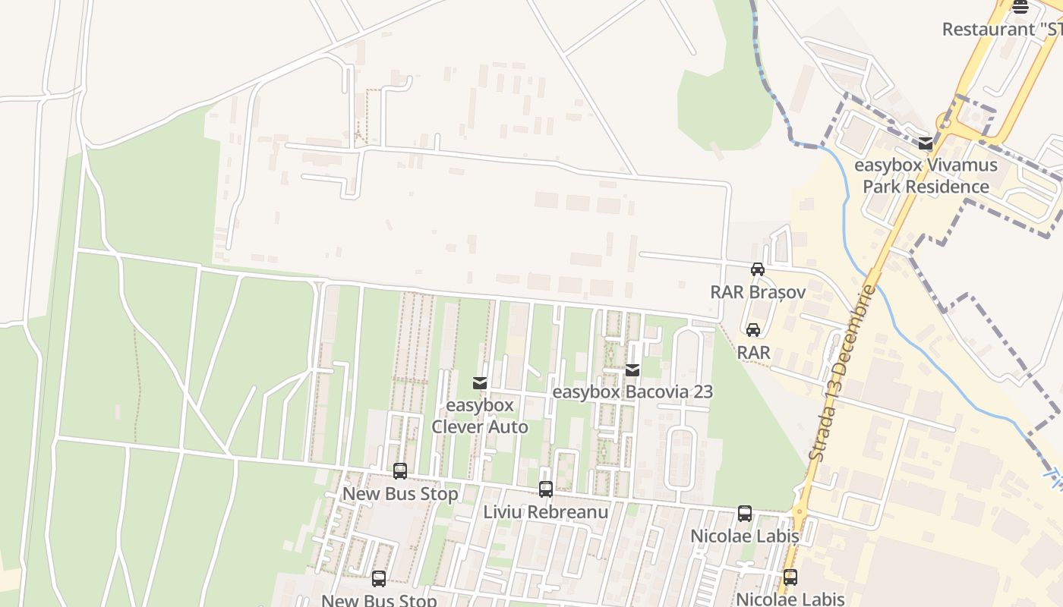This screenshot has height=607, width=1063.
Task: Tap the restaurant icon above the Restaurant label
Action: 1020,7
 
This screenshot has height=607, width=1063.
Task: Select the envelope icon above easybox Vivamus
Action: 925,143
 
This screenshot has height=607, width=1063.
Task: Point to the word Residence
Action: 949,187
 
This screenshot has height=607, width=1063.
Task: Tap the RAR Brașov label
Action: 757,292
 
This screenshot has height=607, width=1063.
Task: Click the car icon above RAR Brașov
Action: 757,269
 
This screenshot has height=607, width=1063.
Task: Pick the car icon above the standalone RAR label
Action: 752,330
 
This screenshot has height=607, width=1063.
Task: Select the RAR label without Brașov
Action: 753,353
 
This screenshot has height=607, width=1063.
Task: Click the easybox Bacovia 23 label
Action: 632,392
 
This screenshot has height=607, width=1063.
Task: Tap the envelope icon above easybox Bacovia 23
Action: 632,370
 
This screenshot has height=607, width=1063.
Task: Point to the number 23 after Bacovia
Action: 702,392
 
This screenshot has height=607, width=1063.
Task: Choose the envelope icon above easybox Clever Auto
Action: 480,383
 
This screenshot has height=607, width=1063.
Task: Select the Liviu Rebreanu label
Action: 545,512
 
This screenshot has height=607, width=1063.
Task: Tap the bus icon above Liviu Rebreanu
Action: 545,489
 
